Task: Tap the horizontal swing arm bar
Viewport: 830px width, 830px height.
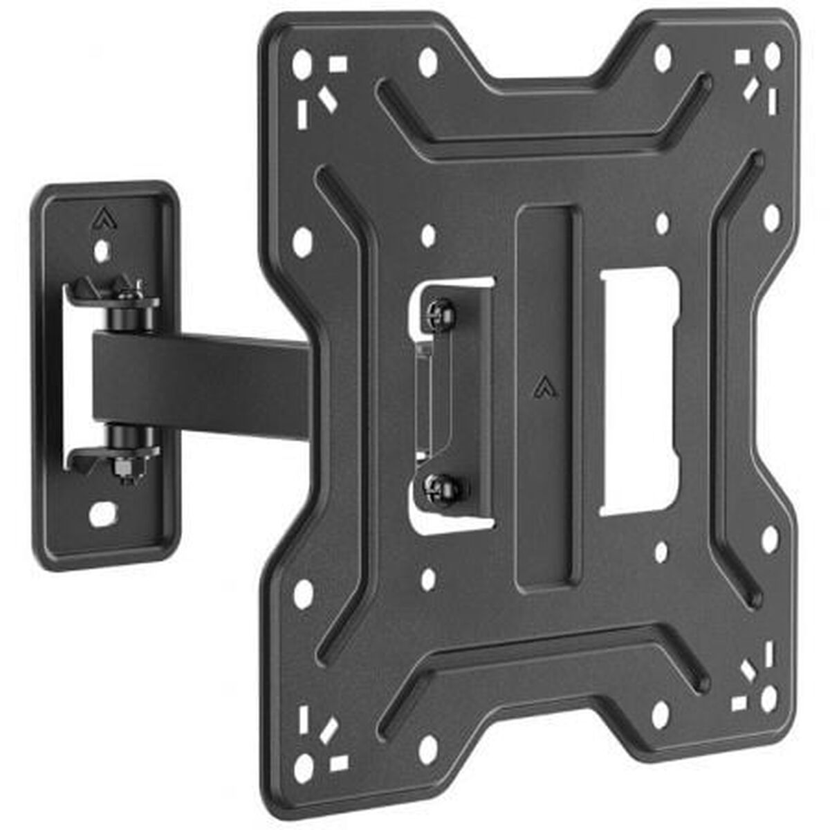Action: pos(207,384)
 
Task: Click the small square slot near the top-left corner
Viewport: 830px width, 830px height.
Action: pos(338,64)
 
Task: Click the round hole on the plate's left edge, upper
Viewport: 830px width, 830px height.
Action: pos(302,242)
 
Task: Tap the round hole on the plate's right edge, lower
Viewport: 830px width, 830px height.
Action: pos(768,538)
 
